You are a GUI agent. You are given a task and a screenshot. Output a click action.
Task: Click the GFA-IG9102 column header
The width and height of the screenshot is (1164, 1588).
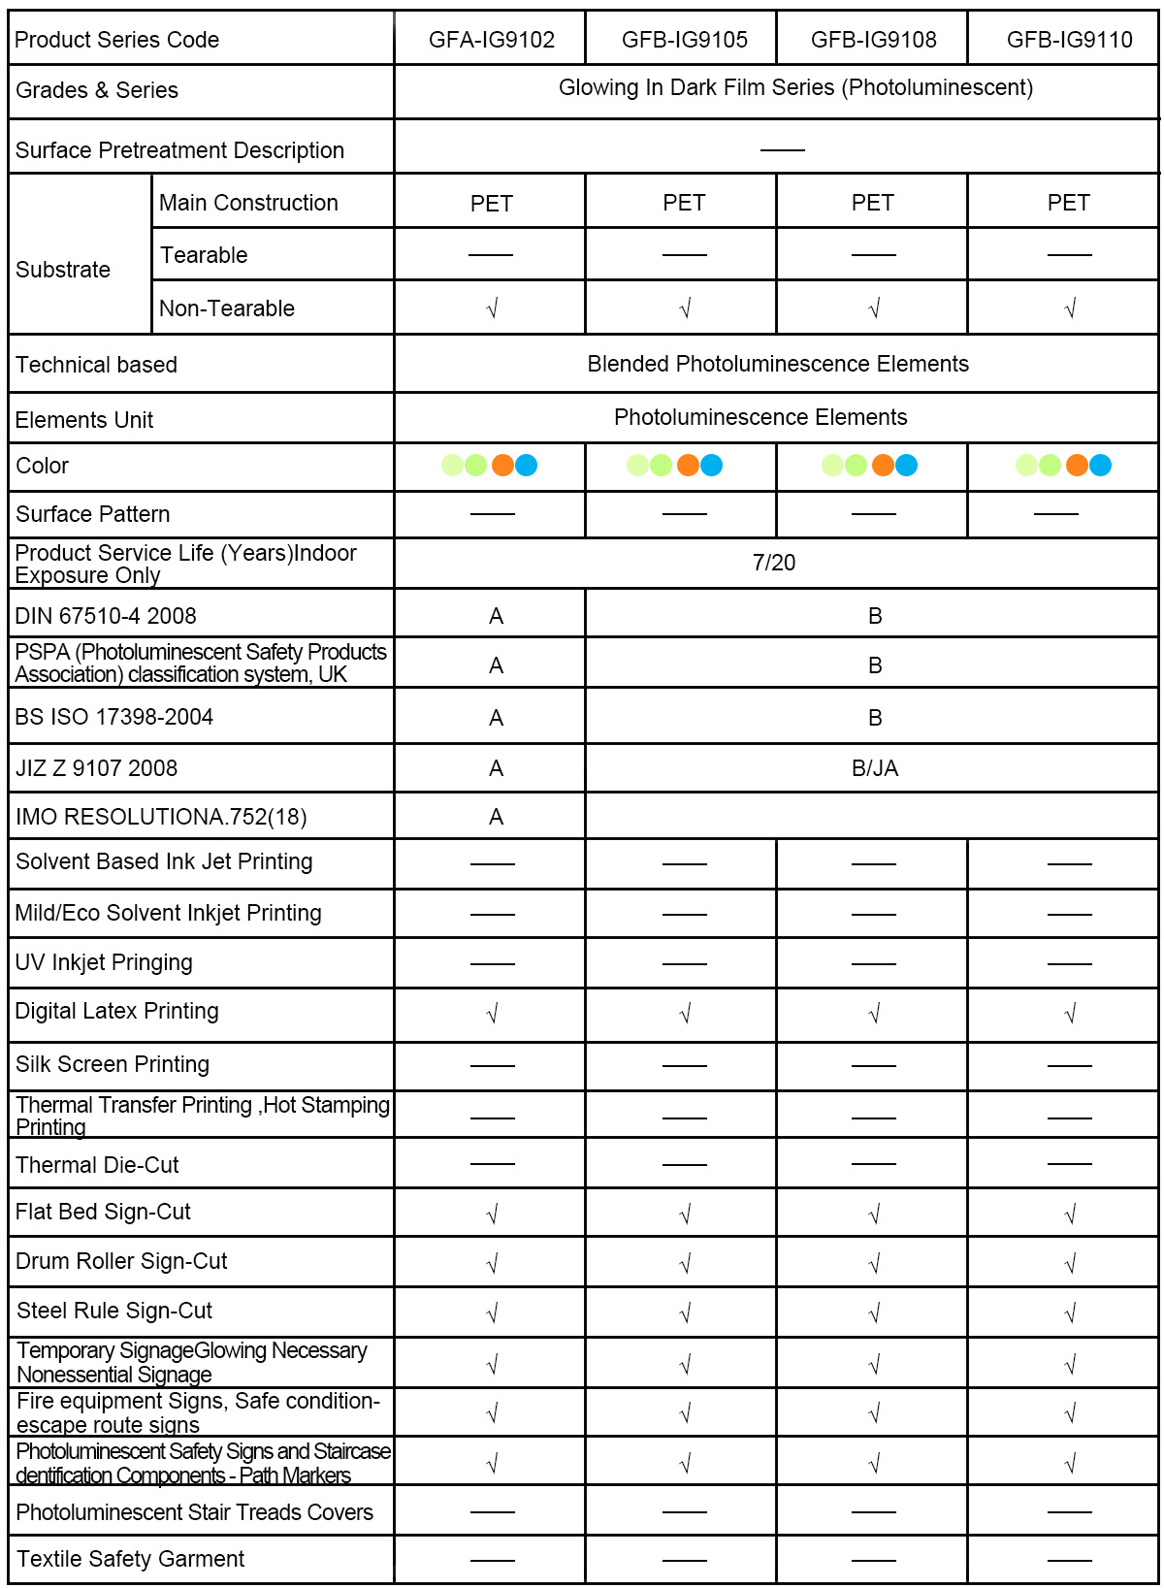pyautogui.click(x=492, y=40)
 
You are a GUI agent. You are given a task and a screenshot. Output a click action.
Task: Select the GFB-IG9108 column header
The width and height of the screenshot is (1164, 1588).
pyautogui.click(x=873, y=40)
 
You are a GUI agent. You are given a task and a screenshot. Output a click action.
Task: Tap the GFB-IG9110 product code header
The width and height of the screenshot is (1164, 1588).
pyautogui.click(x=1069, y=40)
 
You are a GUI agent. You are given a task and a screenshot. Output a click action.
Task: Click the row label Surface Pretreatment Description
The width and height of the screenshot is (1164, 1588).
pyautogui.click(x=179, y=150)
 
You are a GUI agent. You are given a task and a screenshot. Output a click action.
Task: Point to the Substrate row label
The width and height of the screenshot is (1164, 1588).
pyautogui.click(x=63, y=270)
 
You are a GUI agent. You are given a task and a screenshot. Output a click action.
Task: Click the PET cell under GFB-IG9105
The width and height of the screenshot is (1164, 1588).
pyautogui.click(x=684, y=203)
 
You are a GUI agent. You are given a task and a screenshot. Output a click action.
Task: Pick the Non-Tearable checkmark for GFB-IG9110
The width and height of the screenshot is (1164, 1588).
pyautogui.click(x=1070, y=309)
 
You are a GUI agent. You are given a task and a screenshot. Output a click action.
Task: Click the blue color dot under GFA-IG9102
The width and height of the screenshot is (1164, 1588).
pyautogui.click(x=526, y=466)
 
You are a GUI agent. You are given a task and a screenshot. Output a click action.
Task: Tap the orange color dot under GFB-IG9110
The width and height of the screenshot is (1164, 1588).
pyautogui.click(x=1077, y=466)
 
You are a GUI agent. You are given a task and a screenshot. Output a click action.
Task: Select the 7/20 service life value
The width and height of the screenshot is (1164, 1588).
pyautogui.click(x=774, y=563)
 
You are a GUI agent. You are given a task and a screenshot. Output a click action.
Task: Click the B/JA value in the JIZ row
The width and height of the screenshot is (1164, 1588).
pyautogui.click(x=875, y=768)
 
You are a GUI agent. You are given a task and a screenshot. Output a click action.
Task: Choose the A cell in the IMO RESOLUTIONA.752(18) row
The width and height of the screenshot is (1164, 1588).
pyautogui.click(x=496, y=817)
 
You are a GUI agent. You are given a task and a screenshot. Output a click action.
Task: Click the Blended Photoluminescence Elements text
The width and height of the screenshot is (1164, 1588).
pyautogui.click(x=778, y=364)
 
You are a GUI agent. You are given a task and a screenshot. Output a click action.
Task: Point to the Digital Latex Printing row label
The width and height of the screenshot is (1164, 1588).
pyautogui.click(x=117, y=1011)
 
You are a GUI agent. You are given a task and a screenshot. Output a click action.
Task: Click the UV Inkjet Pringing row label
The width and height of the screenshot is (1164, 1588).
pyautogui.click(x=104, y=962)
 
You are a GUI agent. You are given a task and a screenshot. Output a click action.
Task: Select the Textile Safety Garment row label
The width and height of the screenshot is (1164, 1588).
pyautogui.click(x=130, y=1559)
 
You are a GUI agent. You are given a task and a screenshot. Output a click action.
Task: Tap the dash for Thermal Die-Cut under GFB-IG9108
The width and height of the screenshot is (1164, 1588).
pyautogui.click(x=873, y=1163)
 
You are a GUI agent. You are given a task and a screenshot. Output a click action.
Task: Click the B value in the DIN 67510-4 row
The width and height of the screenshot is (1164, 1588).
pyautogui.click(x=875, y=616)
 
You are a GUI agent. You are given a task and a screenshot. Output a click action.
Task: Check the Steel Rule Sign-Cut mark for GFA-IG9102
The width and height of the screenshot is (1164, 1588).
pyautogui.click(x=492, y=1313)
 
